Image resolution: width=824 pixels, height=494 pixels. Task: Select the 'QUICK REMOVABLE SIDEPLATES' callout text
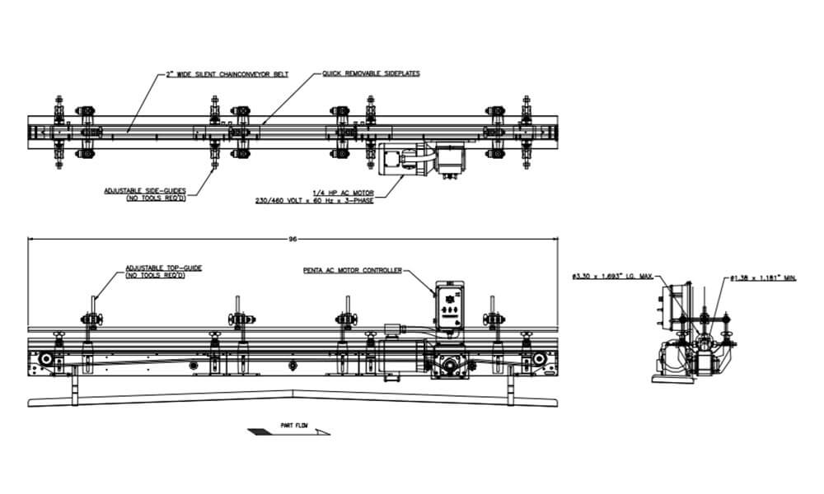[371, 74]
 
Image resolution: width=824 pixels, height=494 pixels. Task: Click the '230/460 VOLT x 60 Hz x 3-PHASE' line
[313, 199]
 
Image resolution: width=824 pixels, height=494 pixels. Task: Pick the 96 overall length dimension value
[292, 239]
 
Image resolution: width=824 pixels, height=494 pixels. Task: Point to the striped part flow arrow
[288, 432]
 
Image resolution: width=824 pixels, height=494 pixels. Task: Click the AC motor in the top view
[412, 159]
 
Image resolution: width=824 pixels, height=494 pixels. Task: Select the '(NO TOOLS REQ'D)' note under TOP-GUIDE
[155, 275]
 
